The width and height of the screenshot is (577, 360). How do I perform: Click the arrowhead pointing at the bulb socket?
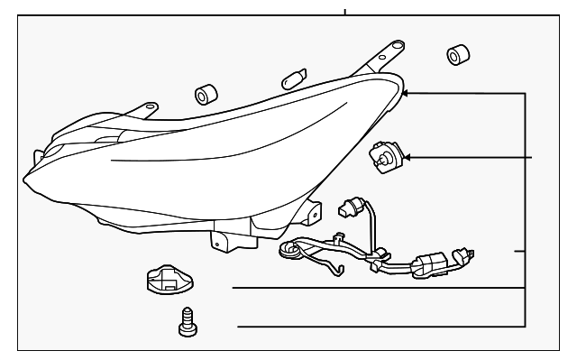tap(407, 158)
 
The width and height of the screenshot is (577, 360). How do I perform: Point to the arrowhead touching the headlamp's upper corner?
tap(406, 92)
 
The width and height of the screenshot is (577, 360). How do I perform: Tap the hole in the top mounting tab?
tap(397, 45)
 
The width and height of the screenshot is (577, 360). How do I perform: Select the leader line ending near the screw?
tap(379, 325)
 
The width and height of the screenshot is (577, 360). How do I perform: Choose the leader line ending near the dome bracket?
tap(379, 288)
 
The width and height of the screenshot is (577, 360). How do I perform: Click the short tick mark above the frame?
tap(345, 12)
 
